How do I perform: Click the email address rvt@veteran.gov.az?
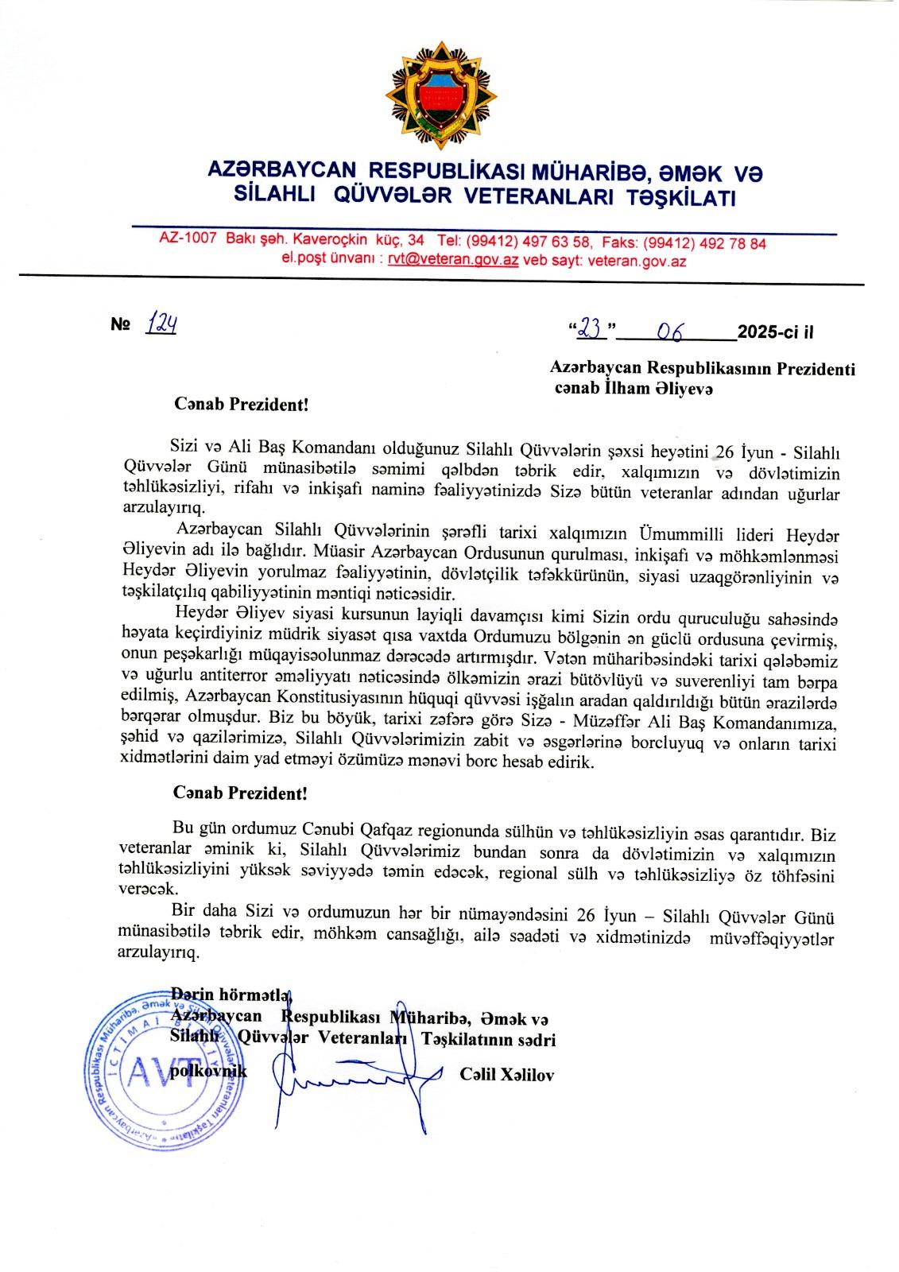coord(453,260)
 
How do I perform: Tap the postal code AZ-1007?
coord(188,238)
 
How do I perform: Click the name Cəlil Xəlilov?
coord(506,1075)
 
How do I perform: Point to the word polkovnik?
coord(210,1071)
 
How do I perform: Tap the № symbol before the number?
coord(120,325)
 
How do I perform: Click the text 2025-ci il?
coord(776,332)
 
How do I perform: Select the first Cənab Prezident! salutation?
coord(241,403)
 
